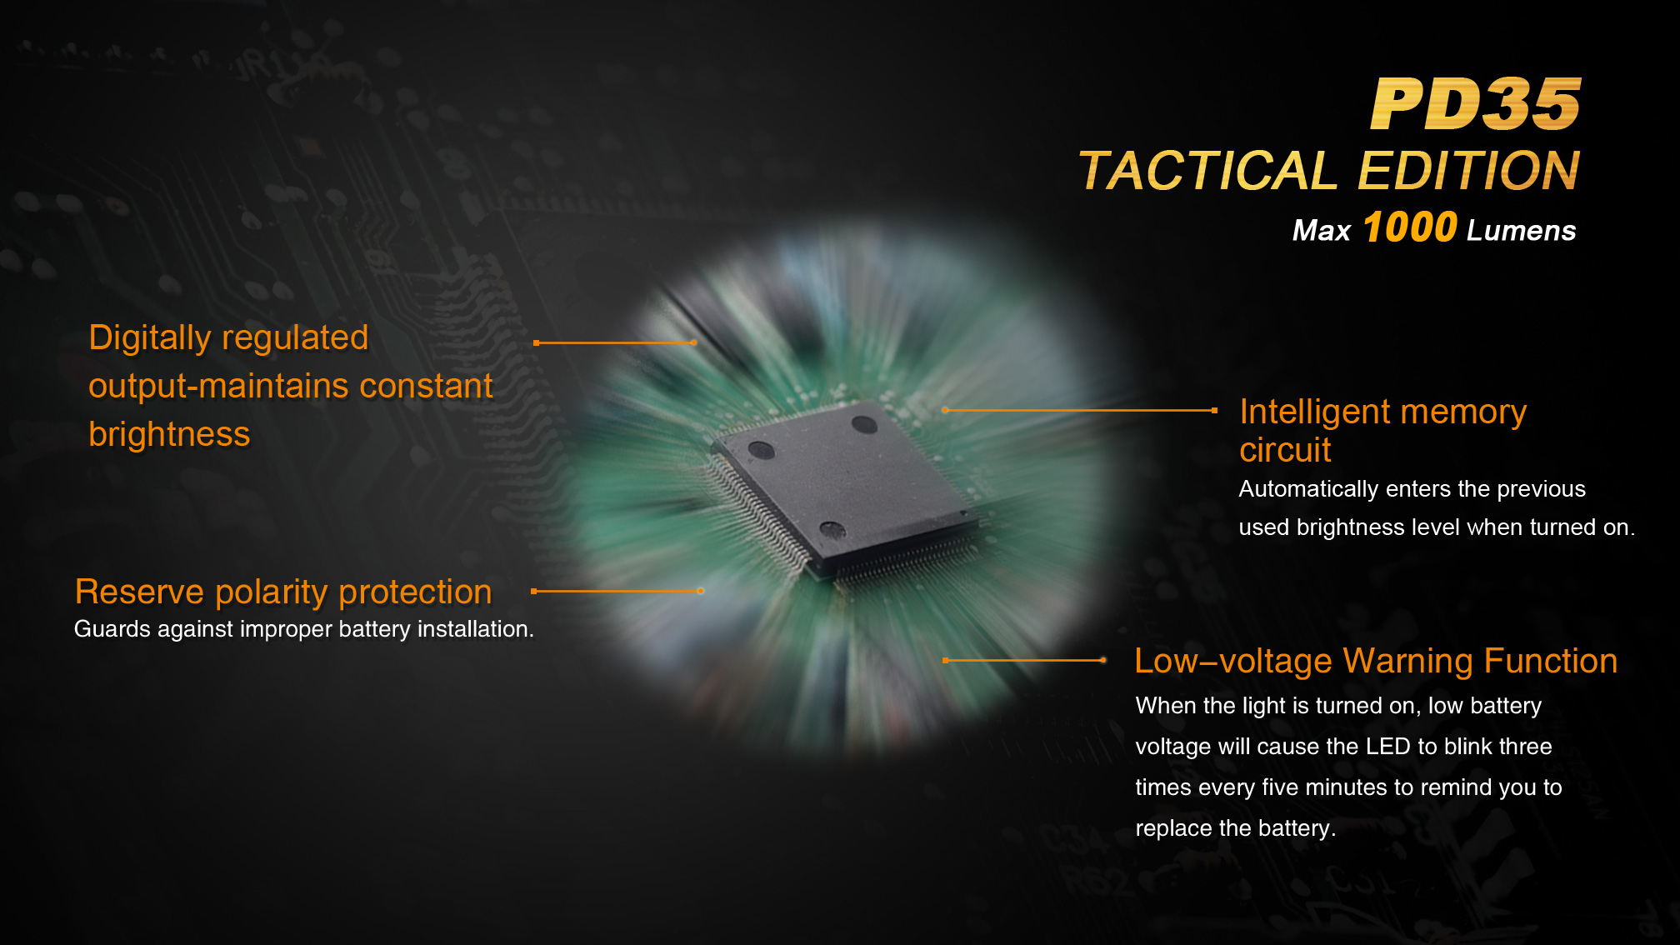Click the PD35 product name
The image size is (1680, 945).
(1476, 104)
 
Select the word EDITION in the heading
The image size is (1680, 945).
(1469, 171)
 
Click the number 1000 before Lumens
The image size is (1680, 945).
(1410, 227)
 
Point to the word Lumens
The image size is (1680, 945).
(1522, 231)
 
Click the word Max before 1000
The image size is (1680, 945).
(1321, 231)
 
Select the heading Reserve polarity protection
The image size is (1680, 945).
(283, 592)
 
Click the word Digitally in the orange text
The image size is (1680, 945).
(150, 338)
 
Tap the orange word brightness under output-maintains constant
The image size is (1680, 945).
(169, 434)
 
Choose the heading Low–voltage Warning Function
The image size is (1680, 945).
(1376, 661)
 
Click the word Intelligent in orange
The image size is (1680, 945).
(1315, 412)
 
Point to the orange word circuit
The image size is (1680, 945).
(1285, 450)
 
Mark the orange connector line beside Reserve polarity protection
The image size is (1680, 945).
(617, 591)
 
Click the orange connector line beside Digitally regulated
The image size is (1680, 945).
(615, 342)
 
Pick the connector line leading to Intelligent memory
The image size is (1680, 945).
(1080, 410)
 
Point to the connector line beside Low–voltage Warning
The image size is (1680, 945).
(1024, 660)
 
